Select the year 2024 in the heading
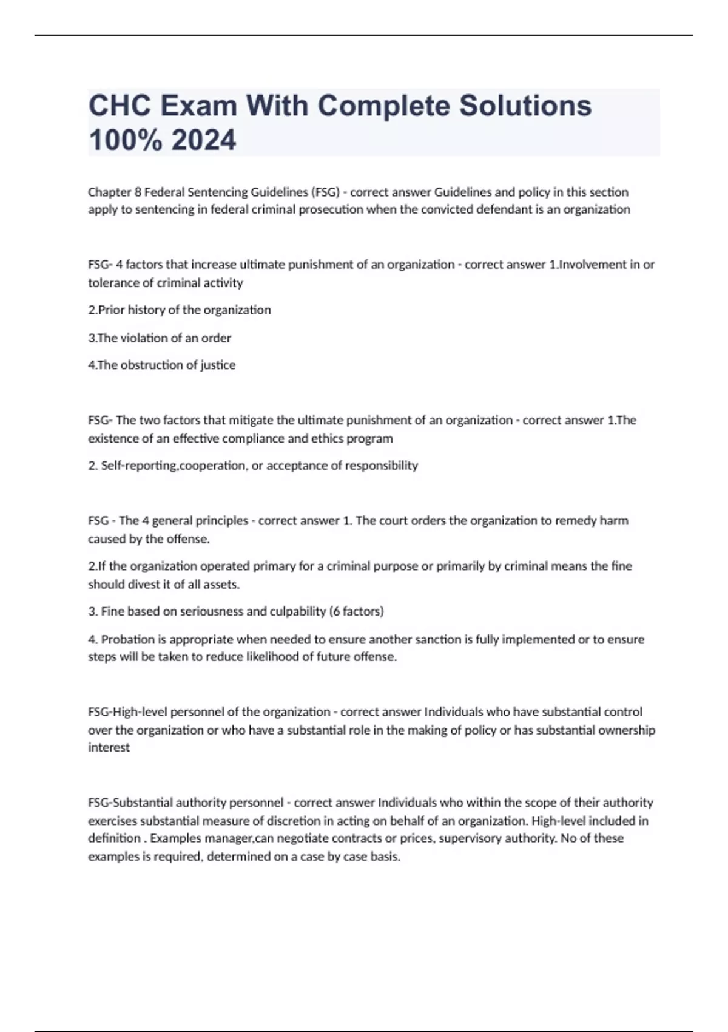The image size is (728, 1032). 204,140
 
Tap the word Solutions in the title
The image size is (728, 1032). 525,106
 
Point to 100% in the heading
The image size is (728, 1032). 126,140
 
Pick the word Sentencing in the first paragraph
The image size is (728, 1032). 218,192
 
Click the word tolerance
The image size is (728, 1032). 113,283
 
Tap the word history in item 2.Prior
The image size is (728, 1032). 146,310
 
